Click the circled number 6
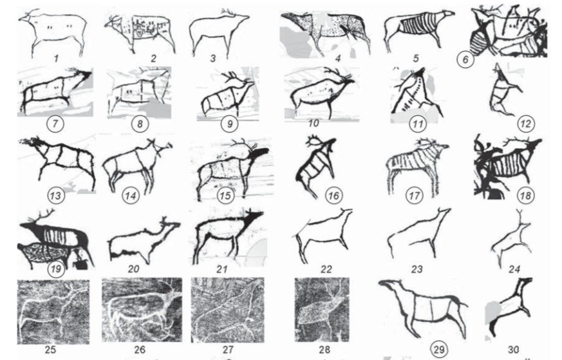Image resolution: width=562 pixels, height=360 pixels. (x=465, y=59)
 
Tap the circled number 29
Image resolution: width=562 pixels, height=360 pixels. (x=438, y=349)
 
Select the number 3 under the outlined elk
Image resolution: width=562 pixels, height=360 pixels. (x=213, y=58)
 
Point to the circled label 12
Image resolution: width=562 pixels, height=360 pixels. (x=525, y=124)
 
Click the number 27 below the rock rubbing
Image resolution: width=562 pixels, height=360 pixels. (x=228, y=349)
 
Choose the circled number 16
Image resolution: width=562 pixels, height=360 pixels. (x=333, y=195)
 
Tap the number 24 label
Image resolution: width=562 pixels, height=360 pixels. (x=514, y=269)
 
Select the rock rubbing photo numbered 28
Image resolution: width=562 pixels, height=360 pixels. (x=322, y=310)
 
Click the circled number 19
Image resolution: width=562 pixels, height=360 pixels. (x=55, y=269)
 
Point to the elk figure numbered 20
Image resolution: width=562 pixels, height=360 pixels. (x=144, y=240)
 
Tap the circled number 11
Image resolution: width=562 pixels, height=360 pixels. (x=418, y=124)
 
